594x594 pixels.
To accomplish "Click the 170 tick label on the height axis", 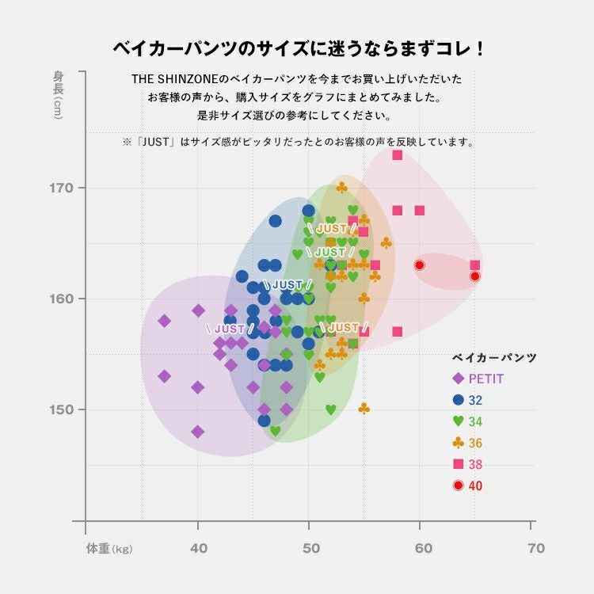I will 62,188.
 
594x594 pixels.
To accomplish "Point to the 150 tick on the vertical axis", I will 62,409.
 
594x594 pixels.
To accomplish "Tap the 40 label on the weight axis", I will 198,549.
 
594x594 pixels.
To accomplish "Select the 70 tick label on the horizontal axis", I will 536,549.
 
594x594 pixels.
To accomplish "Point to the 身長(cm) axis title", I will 59,94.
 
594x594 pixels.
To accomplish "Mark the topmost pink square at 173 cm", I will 397,154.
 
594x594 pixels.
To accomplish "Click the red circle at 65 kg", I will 475,276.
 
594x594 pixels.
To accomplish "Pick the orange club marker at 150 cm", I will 364,409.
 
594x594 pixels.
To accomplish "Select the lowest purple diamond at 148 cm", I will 197,432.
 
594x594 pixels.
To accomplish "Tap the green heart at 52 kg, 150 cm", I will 330,409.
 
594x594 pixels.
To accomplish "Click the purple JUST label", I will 230,328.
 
